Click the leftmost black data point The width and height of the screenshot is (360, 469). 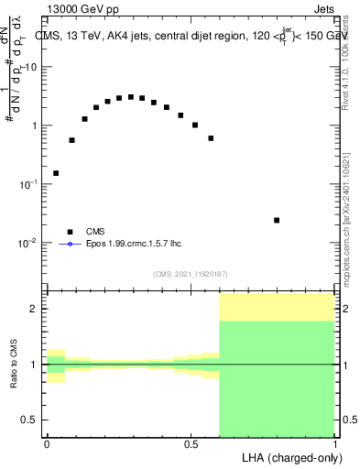coord(56,173)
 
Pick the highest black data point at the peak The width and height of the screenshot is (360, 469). coord(131,97)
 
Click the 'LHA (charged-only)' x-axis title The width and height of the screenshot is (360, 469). coord(289,456)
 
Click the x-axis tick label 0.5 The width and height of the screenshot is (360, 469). coord(191,443)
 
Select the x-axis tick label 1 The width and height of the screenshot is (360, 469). coord(335,443)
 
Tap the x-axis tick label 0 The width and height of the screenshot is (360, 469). coord(47,443)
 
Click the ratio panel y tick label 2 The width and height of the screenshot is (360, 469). coord(34,309)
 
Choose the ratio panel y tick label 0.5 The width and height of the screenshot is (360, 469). coord(30,420)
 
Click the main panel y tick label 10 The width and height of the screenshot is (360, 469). coord(31,67)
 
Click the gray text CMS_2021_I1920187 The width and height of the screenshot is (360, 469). coord(191,274)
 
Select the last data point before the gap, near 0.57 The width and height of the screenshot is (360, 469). coord(211,138)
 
